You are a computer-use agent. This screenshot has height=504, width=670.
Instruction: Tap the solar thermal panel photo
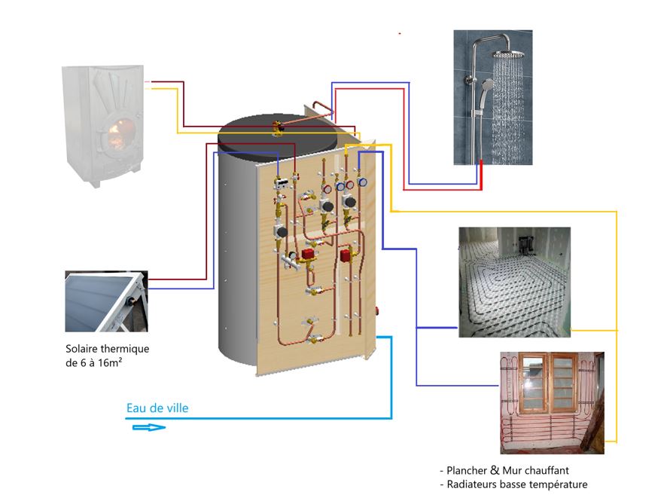pyautogui.click(x=105, y=301)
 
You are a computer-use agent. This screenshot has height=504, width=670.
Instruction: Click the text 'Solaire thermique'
pyautogui.click(x=108, y=350)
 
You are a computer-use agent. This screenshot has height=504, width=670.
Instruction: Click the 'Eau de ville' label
pyautogui.click(x=157, y=408)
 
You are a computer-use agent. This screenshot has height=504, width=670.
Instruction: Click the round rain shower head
pyautogui.click(x=511, y=55)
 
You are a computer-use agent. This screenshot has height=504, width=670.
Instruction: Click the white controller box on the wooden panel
pyautogui.click(x=283, y=183)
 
